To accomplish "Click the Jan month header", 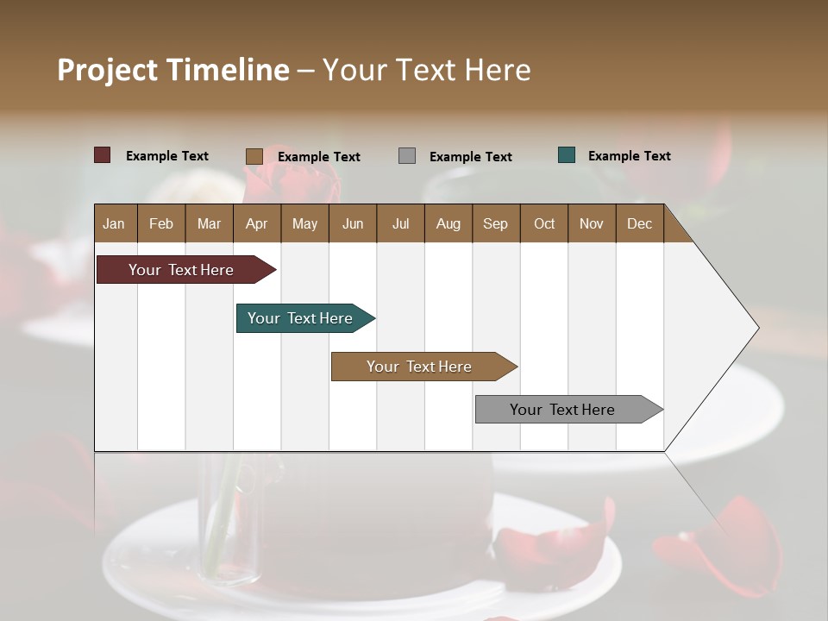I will tap(114, 223).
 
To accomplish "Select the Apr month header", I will tap(256, 223).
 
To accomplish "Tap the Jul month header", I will tap(400, 223).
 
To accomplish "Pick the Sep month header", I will tap(495, 223).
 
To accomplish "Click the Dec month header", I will tap(639, 223).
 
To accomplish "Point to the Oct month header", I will tap(544, 223).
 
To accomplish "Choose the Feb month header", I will tap(161, 223).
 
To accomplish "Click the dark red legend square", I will tap(102, 155).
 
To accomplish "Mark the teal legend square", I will tap(567, 155).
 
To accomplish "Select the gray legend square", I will tap(407, 156).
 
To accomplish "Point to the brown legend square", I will tap(254, 156).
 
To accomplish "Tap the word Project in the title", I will tap(108, 70).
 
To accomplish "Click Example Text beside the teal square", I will tap(630, 156).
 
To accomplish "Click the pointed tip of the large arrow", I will tap(756, 328).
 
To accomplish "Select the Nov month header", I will tap(592, 223).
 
